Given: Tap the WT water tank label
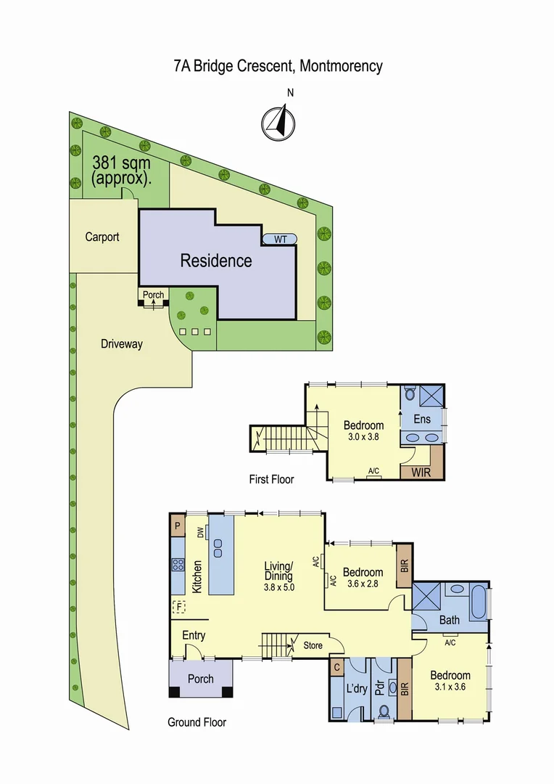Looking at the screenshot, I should (x=279, y=239).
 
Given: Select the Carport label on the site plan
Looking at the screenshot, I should (x=102, y=237).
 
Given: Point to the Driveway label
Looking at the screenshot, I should (x=121, y=344).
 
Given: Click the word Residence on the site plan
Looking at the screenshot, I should (x=216, y=261).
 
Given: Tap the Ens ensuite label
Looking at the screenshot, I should (x=422, y=420).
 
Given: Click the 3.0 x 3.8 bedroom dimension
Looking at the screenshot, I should (x=362, y=438).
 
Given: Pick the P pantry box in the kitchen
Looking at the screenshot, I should (x=178, y=526).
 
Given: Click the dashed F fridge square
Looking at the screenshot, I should (x=178, y=607).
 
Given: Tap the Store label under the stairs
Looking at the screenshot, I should (x=313, y=644).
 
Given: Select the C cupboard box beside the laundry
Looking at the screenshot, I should (x=336, y=666).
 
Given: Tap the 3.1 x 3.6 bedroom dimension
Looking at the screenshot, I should (x=450, y=688).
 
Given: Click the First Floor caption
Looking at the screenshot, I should (x=270, y=479).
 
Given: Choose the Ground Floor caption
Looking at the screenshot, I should (x=197, y=722).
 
